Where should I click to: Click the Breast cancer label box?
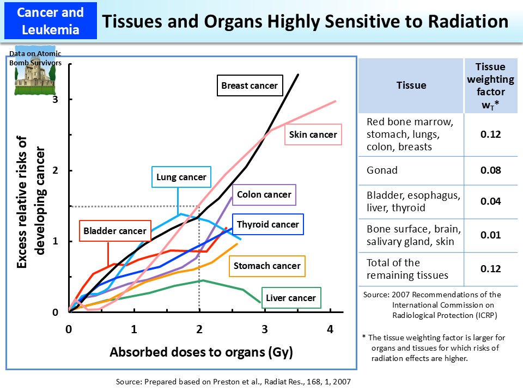(x=250, y=85)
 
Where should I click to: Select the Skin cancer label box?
(x=313, y=134)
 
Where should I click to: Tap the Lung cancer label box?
(x=181, y=177)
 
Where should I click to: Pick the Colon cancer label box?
(x=264, y=194)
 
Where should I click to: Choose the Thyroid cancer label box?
(x=267, y=224)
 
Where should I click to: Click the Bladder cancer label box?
(x=115, y=231)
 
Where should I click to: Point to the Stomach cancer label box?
(x=267, y=266)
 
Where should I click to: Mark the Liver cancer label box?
(x=291, y=298)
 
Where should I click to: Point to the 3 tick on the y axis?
(x=55, y=100)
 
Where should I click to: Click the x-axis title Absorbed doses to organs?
(x=202, y=352)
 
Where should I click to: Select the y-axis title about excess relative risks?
(x=30, y=203)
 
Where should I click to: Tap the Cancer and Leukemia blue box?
(x=50, y=20)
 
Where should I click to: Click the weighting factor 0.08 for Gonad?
(x=490, y=170)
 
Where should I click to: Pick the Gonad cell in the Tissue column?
(x=382, y=170)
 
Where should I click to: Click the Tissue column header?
(x=411, y=85)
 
